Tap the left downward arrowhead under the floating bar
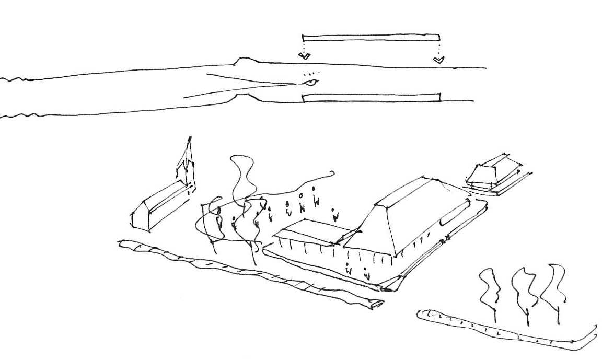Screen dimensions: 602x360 point(303,56)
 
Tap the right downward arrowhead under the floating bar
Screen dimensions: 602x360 point(438,60)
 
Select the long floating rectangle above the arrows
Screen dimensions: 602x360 point(371,37)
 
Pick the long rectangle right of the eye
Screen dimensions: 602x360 point(371,97)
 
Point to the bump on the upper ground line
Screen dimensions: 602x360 point(244,61)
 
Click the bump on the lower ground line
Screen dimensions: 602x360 point(244,97)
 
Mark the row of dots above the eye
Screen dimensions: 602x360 point(310,74)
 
